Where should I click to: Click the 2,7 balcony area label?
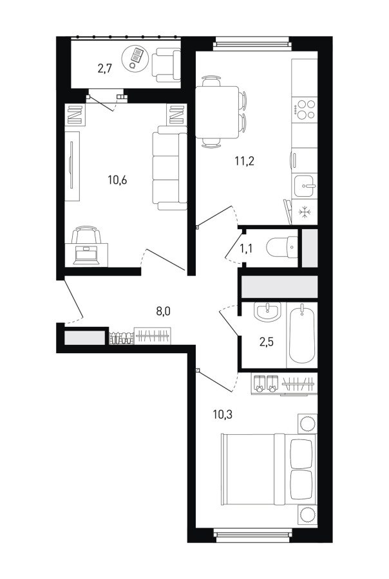pos(104,69)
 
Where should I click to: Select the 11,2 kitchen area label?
pos(245,161)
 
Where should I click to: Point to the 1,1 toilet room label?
pos(246,249)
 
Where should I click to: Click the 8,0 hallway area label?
pos(163,311)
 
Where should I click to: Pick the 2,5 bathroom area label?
pos(266,342)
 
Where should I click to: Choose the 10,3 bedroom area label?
pos(223,415)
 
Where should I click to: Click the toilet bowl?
pos(281,246)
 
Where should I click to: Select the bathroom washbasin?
pos(268,312)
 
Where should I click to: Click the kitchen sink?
pos(305,186)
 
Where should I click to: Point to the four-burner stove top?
pos(305,109)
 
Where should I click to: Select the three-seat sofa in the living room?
pos(169,168)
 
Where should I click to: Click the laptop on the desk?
pos(86,255)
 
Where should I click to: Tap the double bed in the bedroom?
pos(269,469)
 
